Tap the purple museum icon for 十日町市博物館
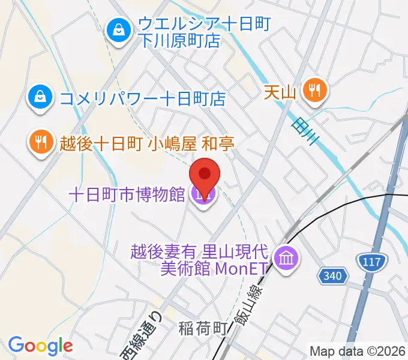[x=202, y=194]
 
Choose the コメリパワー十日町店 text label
[x=142, y=97]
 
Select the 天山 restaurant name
[x=281, y=92]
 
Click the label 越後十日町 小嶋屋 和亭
[x=146, y=143]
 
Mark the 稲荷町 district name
[x=203, y=328]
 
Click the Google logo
[x=40, y=346]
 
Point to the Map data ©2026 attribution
[x=357, y=350]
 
